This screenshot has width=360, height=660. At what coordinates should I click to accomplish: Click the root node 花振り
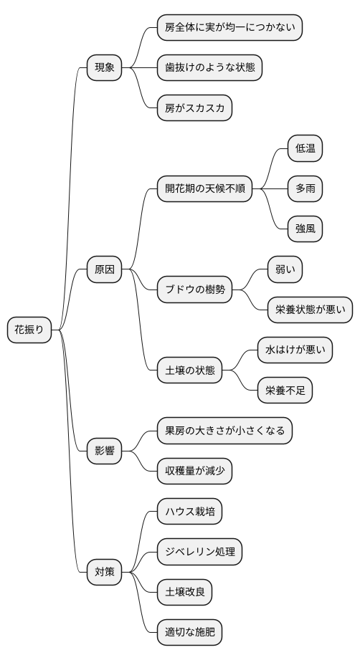click(x=29, y=330)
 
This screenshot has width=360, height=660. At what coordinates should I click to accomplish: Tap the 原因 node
click(x=104, y=270)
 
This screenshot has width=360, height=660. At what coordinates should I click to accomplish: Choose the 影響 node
click(x=104, y=451)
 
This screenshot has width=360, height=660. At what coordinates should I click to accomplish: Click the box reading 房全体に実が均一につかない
click(x=230, y=28)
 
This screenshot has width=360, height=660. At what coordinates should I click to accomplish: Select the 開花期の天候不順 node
click(x=205, y=189)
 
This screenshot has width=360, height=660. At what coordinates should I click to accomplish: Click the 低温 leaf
click(x=305, y=149)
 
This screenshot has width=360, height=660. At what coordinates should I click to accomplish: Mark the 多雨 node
click(x=305, y=189)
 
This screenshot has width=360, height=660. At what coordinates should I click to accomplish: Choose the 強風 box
click(x=305, y=229)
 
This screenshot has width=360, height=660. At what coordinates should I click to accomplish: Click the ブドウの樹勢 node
click(x=195, y=290)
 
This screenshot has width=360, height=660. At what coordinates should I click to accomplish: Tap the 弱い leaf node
click(x=285, y=269)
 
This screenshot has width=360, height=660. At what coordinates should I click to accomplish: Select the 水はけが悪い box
click(x=295, y=350)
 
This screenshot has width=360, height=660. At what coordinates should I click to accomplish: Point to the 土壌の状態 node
click(x=190, y=370)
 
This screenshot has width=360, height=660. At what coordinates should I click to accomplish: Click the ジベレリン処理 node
click(x=200, y=551)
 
